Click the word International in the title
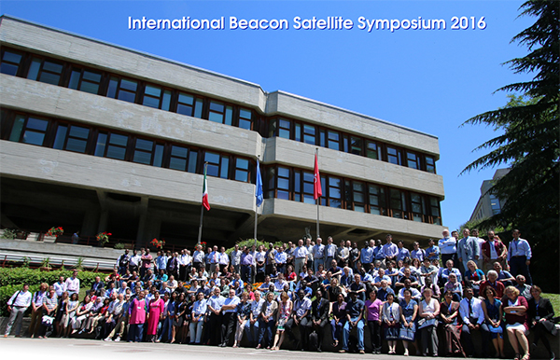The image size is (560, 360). coord(176,23)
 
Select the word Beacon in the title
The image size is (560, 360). coord(259,23)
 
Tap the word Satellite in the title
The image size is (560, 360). coord(323,23)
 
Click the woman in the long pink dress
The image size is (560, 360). coord(155,314)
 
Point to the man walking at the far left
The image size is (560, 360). coord(18,310)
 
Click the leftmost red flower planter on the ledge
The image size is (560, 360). coord(54,232)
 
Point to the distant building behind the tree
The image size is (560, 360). coord(489,197)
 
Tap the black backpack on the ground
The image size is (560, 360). coord(314,341)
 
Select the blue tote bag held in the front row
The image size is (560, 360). coord(407,332)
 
